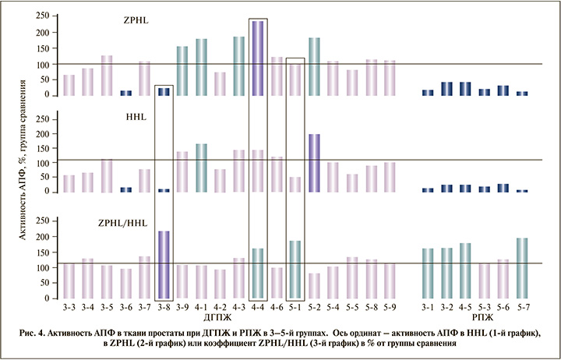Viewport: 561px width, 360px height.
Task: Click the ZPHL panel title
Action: tap(137, 21)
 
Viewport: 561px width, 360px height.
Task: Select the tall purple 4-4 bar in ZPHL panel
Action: tap(257, 58)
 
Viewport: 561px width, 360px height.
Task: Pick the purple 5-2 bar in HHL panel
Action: tap(313, 162)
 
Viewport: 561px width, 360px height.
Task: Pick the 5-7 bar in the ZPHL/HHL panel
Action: tap(520, 269)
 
